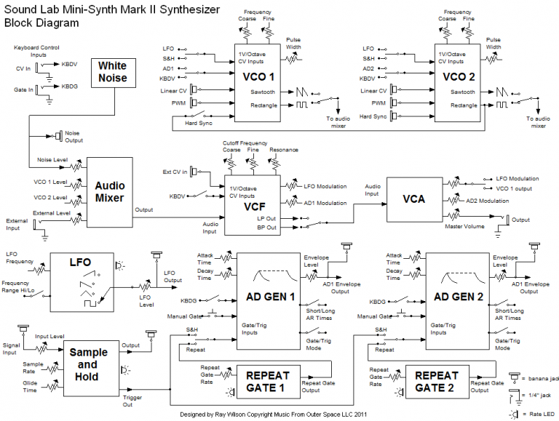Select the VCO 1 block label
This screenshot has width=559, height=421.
tap(260, 76)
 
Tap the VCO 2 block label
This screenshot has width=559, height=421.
tap(459, 76)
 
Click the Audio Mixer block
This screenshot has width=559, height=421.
tap(110, 191)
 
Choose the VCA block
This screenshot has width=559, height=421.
tap(413, 199)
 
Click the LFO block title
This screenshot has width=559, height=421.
tap(79, 261)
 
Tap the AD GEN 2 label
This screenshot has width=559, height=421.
tap(459, 296)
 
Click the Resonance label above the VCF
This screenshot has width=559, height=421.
tap(282, 151)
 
